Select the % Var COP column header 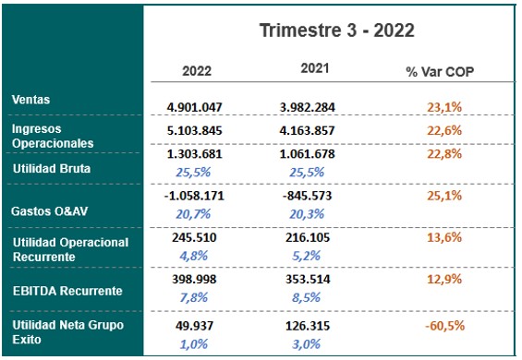[x=440, y=71]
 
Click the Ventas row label [x=32, y=99]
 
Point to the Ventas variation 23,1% [x=445, y=106]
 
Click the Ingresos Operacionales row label [x=53, y=137]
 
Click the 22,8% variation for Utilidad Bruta [x=445, y=154]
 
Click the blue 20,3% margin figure [x=319, y=213]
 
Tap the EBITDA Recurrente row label [x=67, y=290]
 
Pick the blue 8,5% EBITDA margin [x=319, y=296]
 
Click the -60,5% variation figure [x=443, y=325]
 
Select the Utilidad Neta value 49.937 [x=194, y=325]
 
